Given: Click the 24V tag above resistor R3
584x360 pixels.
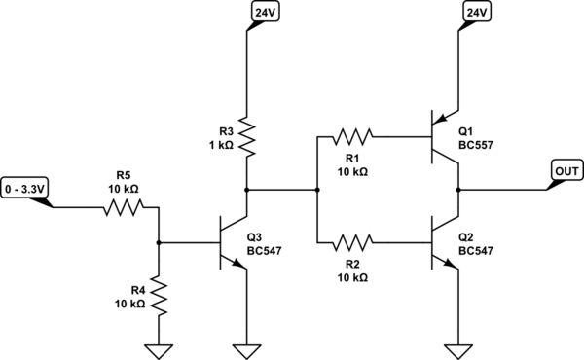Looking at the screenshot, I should coord(264,12).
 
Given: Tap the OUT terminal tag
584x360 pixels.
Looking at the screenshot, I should coord(566,169).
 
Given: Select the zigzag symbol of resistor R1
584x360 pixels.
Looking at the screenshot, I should coord(352,137).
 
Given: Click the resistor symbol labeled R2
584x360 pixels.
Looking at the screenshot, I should coord(352,243).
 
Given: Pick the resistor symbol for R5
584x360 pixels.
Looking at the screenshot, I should coord(123,206).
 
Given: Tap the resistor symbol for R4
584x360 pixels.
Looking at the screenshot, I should coord(157,296).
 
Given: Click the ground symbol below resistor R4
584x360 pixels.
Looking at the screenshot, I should coord(157,348).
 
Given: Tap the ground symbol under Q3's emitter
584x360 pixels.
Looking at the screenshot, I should coord(246,348).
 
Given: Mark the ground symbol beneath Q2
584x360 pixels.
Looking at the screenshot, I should coord(457,348).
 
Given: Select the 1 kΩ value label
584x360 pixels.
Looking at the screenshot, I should coord(222,145).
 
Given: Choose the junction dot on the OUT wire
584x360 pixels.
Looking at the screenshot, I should coord(457,190).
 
